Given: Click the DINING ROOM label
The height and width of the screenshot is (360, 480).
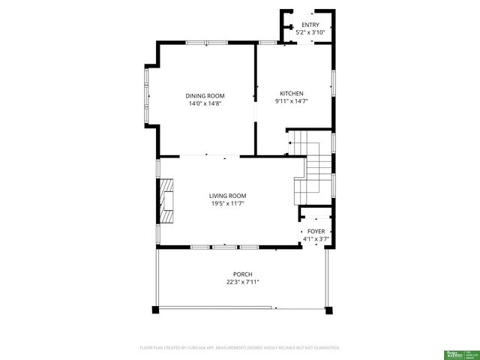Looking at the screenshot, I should pos(205,96).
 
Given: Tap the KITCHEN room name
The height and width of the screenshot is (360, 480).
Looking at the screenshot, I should pos(291,94).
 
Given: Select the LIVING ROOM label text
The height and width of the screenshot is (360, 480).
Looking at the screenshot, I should pos(227,196).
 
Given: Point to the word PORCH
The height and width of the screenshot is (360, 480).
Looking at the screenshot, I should pos(242,274).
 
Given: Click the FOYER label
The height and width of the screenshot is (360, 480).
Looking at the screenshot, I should pos(316,232).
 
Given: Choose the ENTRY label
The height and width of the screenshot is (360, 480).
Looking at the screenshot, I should pos(310,25).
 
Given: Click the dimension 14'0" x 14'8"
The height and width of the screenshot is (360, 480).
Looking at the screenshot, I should pos(205,103).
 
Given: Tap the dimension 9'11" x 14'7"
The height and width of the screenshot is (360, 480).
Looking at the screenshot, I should pos(291,101).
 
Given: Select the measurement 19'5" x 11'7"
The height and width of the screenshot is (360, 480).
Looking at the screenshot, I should pos(227,203).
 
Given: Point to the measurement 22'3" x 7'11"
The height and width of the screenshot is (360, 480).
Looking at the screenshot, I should pos(242,282).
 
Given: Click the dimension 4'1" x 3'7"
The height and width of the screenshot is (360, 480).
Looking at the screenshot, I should pos(316,238).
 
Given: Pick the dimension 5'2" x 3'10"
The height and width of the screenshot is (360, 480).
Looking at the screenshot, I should pos(310,32).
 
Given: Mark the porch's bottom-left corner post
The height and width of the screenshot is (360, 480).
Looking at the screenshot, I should pos(155,308).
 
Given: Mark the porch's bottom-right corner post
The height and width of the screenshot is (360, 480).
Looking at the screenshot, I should pos(327,307).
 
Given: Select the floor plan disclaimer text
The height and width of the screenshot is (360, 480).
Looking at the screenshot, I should pos(240,348).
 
